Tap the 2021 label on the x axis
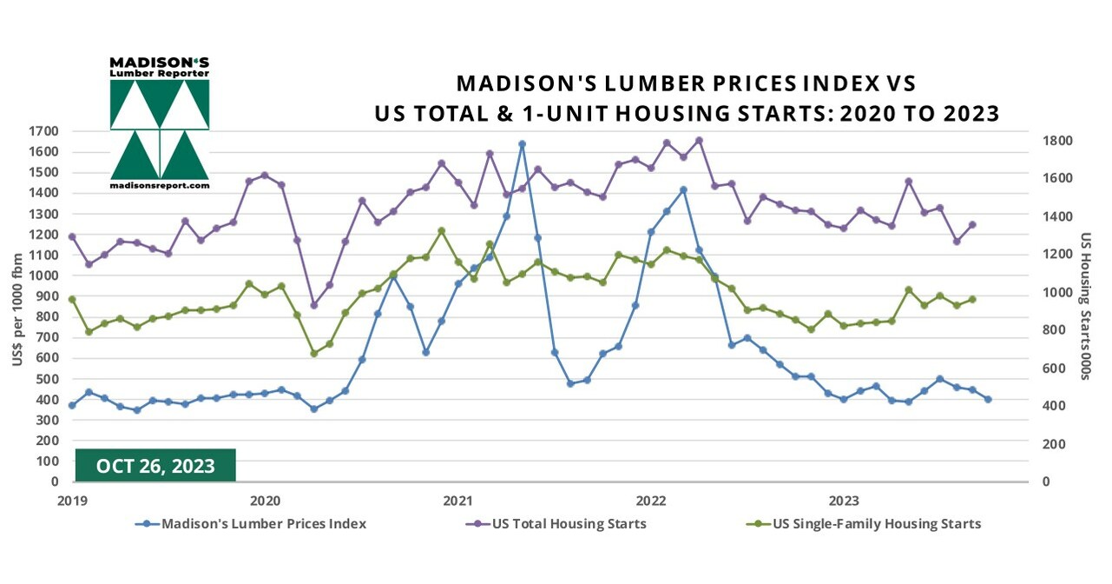[x=457, y=501]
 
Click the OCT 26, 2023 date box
[x=155, y=466]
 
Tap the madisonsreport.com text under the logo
[x=160, y=185]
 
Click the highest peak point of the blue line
[x=522, y=144]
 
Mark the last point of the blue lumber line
[x=988, y=399]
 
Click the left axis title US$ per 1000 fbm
[x=17, y=306]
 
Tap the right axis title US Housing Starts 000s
[x=1085, y=306]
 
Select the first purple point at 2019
[x=72, y=236]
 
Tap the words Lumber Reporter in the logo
[x=160, y=74]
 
